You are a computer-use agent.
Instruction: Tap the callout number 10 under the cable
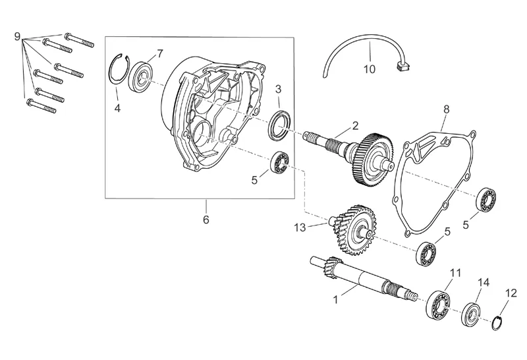(369, 68)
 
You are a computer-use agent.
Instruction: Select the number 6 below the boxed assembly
(206, 220)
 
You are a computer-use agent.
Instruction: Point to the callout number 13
(300, 227)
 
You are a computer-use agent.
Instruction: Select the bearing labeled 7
(142, 75)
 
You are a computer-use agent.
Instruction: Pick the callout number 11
(455, 273)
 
